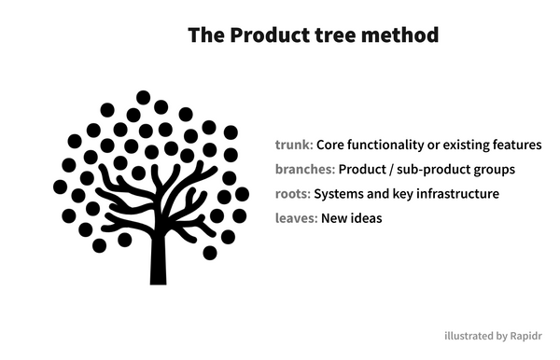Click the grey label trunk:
point(294,145)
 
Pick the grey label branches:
point(305,170)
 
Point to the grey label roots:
point(293,194)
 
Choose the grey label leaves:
point(296,218)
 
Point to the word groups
point(496,170)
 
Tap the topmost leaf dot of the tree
point(143,97)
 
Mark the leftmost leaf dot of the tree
point(61,187)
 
